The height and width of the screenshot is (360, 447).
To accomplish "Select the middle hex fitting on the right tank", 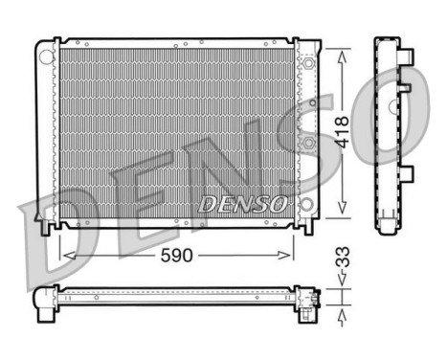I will (308, 145).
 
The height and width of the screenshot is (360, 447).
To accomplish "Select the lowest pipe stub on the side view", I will (407, 175).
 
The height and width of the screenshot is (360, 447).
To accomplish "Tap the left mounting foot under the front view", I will (47, 228).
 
